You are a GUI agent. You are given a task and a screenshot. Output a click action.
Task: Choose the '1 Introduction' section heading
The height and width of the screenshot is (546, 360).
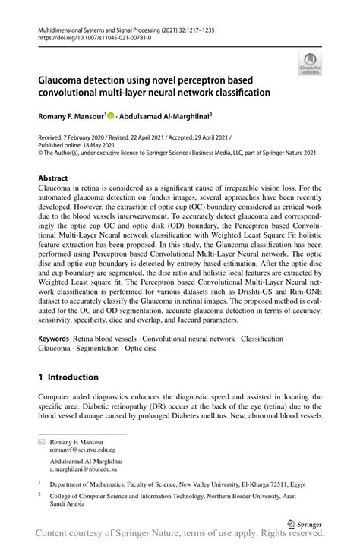(x=68, y=377)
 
